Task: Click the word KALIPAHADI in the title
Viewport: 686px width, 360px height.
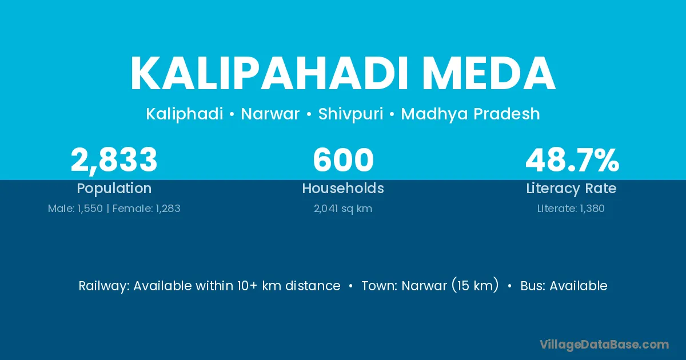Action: [269, 74]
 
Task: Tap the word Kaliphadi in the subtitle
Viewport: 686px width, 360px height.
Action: [184, 114]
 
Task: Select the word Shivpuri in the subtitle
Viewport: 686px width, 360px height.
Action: [350, 114]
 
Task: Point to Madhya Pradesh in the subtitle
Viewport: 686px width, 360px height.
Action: [470, 114]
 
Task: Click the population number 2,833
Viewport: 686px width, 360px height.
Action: [114, 161]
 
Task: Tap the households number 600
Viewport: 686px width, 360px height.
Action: [343, 160]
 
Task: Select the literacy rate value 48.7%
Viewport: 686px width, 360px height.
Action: [572, 160]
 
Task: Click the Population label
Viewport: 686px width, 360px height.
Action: [114, 189]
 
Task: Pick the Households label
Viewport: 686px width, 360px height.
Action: [343, 188]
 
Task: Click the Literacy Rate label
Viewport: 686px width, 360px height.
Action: [571, 189]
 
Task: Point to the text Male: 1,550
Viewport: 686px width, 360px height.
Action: [75, 209]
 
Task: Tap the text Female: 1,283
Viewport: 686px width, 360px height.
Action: [146, 209]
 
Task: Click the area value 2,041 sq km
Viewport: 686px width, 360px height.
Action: [343, 209]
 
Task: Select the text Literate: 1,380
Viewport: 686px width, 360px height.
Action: [571, 209]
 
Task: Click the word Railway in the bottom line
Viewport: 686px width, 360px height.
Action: [104, 286]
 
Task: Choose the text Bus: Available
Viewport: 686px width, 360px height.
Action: [564, 286]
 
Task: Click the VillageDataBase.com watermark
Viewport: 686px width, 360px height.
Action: [604, 345]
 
